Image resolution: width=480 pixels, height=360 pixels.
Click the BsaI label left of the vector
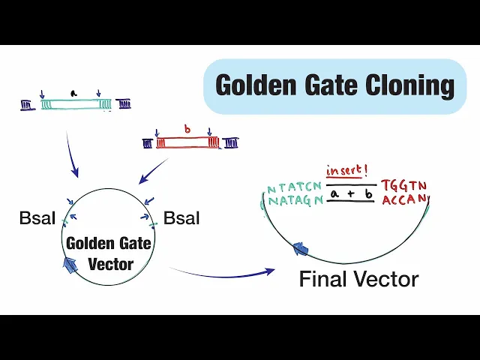(x=37, y=219)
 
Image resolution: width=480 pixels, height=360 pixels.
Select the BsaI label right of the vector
(x=181, y=219)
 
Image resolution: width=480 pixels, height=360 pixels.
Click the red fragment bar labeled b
(x=187, y=142)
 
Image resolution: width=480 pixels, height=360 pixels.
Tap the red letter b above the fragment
(x=187, y=129)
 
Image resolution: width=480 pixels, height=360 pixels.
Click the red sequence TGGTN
(x=404, y=185)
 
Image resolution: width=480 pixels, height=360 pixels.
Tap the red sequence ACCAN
(x=404, y=199)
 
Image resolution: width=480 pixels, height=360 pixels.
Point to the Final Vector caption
(x=358, y=280)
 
